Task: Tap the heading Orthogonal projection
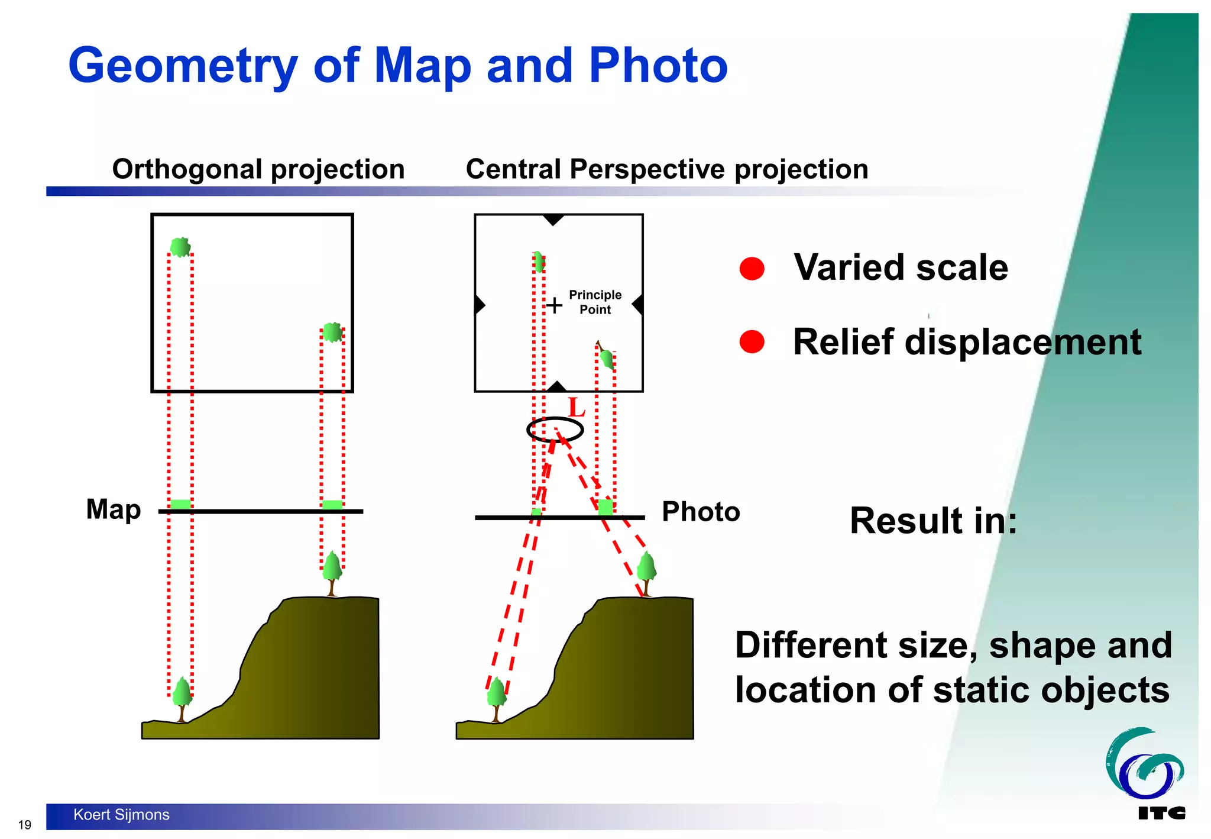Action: click(258, 169)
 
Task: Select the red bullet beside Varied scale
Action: click(752, 269)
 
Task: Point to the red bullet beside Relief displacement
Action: click(752, 341)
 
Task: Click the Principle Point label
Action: click(595, 302)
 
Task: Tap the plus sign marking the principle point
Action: click(554, 305)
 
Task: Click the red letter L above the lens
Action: click(576, 408)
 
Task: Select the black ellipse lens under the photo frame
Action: click(555, 430)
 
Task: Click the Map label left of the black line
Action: click(114, 509)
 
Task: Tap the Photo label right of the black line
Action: click(701, 512)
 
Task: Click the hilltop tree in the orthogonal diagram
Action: click(332, 570)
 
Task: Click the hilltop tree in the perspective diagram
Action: click(647, 570)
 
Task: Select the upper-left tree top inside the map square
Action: click(180, 247)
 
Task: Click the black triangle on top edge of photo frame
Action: click(553, 220)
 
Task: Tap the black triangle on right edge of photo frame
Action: click(637, 305)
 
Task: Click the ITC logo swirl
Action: click(1144, 764)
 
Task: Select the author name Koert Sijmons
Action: click(121, 815)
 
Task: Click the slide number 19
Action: click(25, 825)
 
